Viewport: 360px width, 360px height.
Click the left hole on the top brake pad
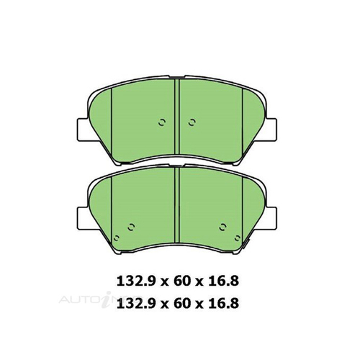(163, 121)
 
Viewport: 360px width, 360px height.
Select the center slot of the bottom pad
(176, 198)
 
